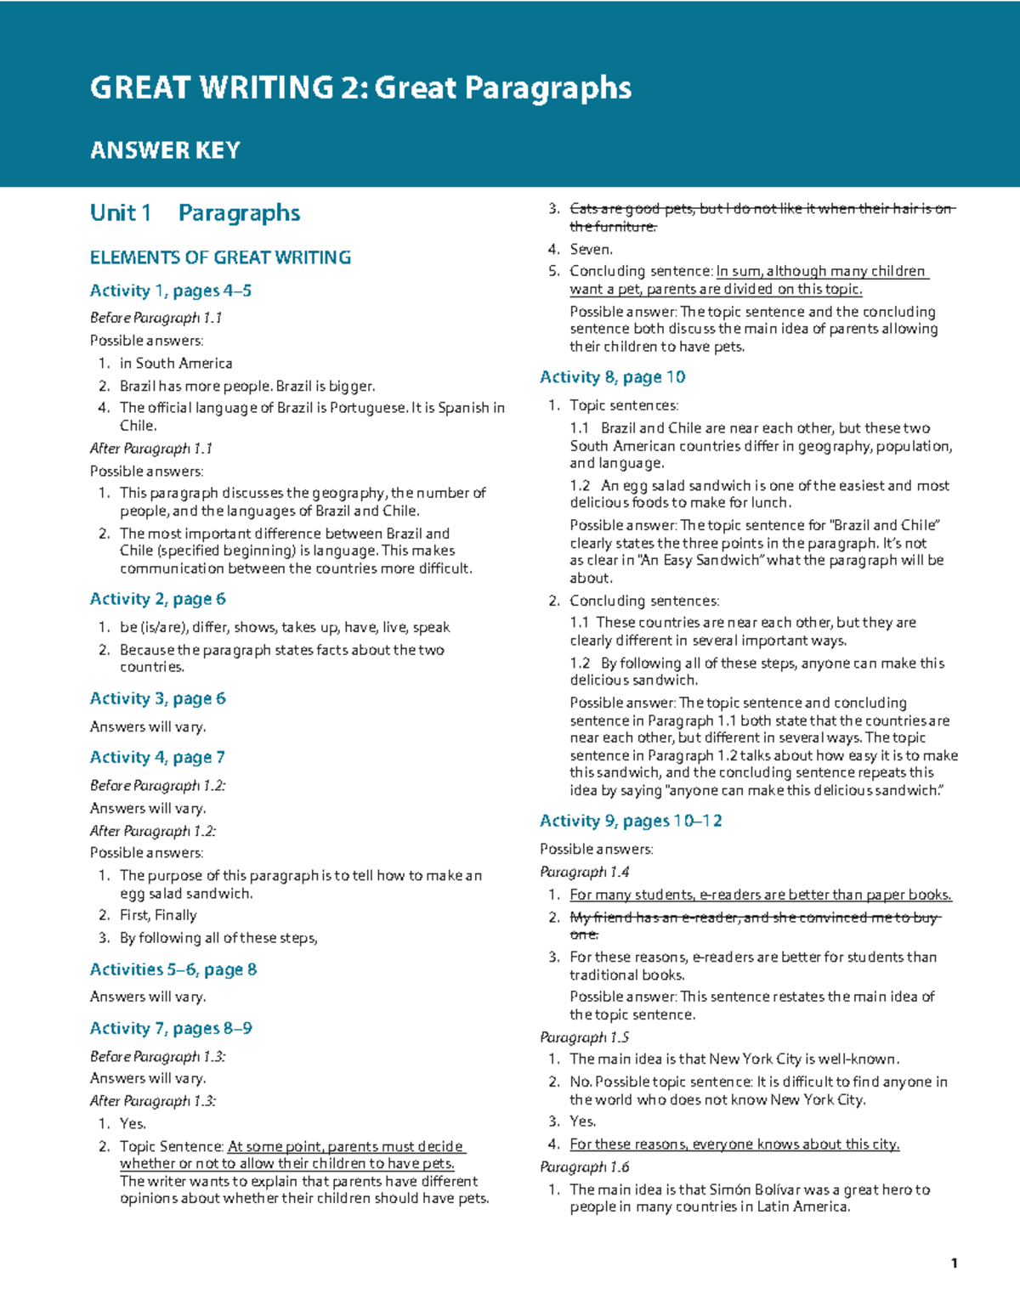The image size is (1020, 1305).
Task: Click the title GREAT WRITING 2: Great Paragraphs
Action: click(x=360, y=88)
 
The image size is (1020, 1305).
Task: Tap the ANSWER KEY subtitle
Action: click(x=165, y=150)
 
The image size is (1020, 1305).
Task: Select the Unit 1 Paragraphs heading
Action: click(x=195, y=212)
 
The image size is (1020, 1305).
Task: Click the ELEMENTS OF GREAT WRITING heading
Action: click(x=220, y=257)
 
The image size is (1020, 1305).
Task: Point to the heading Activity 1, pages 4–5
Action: click(x=171, y=291)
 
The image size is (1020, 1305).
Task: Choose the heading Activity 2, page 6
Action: click(x=158, y=599)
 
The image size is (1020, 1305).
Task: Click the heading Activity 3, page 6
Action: click(x=158, y=698)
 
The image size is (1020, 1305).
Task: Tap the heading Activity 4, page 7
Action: click(x=157, y=757)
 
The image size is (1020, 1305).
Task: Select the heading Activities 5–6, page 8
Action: click(x=173, y=969)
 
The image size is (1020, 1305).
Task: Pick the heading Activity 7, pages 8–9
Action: click(x=171, y=1028)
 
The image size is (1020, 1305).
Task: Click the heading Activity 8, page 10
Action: click(x=612, y=377)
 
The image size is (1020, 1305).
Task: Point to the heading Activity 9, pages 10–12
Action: click(x=631, y=821)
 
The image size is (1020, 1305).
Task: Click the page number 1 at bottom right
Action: click(x=955, y=1263)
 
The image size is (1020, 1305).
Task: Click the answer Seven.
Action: click(x=591, y=249)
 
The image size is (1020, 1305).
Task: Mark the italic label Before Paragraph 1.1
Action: click(x=156, y=318)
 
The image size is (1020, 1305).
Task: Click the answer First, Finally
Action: click(x=158, y=915)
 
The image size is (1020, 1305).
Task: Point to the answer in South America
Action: click(x=176, y=363)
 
